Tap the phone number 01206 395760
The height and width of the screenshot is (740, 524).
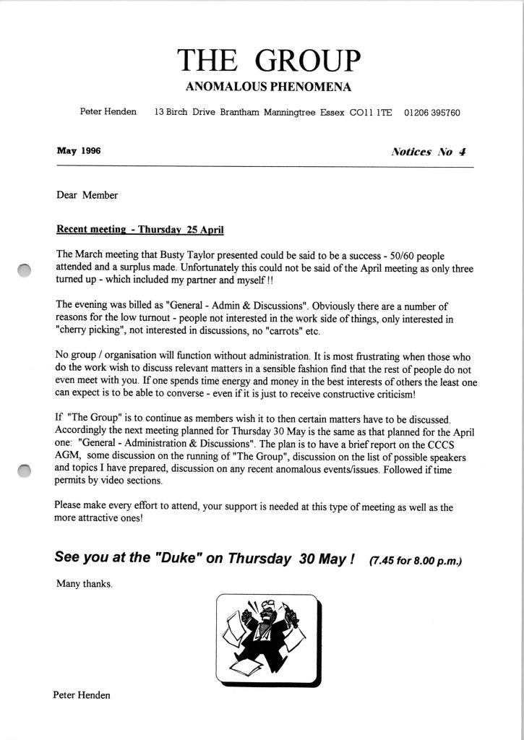[432, 113]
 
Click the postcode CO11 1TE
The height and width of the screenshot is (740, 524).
[371, 113]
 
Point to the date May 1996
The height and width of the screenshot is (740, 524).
[78, 151]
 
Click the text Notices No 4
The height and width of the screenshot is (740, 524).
[429, 152]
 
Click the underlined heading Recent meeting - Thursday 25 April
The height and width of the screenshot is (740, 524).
[140, 231]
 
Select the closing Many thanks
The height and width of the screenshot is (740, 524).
[84, 584]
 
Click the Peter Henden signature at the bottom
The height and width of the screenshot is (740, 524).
[82, 694]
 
